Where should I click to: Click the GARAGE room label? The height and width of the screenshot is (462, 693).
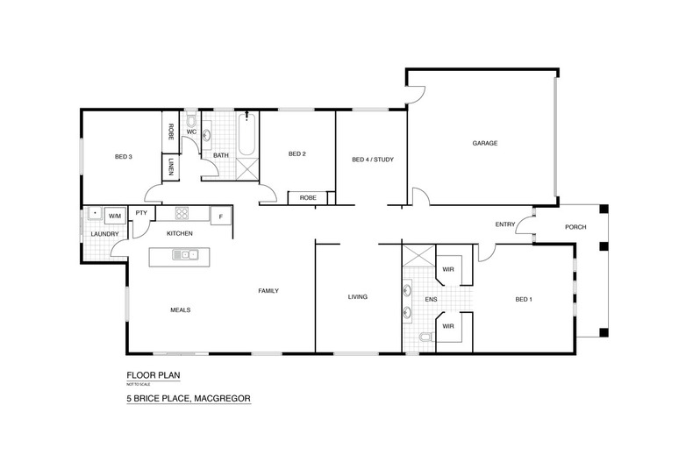tap(485, 142)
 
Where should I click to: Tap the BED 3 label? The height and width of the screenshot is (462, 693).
tap(123, 157)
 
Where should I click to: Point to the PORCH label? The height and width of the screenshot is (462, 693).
tap(575, 227)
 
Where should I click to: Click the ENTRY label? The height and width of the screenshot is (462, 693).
tap(504, 224)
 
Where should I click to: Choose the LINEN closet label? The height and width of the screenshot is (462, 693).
tap(170, 167)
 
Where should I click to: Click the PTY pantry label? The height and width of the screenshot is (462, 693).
tap(139, 214)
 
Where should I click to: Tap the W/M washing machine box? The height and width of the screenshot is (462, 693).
tap(114, 214)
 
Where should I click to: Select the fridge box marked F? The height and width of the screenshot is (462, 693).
tap(220, 215)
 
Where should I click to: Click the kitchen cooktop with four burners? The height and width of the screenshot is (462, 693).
tap(182, 213)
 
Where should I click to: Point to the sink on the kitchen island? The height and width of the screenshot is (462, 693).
tap(185, 256)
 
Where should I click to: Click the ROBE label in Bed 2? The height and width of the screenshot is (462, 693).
tap(307, 198)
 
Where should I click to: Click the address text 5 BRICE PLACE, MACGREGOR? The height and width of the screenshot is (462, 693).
tap(188, 399)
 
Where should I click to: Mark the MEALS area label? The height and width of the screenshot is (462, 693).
tap(180, 309)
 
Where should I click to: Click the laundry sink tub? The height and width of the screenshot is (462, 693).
tap(93, 213)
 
